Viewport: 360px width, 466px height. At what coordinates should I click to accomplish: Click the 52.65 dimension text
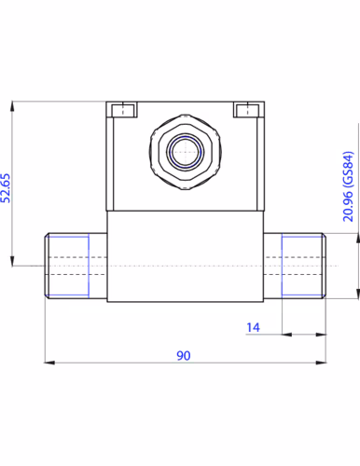coord(6,188)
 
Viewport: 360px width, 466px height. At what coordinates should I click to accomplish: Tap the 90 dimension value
coord(184,355)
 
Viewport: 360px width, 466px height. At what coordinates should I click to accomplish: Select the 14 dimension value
coord(253,327)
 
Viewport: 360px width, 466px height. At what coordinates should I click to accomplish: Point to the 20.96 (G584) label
coord(348,186)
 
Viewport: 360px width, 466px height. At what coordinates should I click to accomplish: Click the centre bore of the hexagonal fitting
coord(185,152)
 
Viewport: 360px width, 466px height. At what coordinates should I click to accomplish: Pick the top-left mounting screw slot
coord(124,111)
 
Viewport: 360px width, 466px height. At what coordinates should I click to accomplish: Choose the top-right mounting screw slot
coord(247,111)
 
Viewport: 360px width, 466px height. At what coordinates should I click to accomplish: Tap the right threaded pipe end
coord(295,266)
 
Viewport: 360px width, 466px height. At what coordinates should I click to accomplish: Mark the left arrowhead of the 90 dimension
coord(49,363)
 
